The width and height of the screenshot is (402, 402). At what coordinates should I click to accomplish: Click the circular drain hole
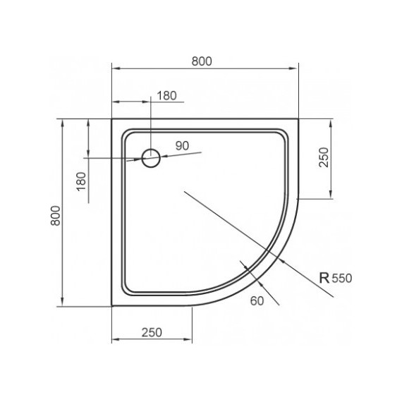coord(151,158)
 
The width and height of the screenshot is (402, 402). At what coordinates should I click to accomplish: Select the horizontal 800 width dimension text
coord(202,61)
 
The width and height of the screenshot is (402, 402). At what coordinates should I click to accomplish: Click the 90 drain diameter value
coord(182,146)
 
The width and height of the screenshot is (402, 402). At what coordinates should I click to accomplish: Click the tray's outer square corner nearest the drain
coord(113,119)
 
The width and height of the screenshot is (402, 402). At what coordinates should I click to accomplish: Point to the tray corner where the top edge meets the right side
coord(298,119)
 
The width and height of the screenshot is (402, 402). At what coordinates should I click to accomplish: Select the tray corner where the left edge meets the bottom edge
coord(113,307)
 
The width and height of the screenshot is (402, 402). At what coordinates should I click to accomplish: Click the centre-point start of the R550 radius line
coord(183,190)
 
